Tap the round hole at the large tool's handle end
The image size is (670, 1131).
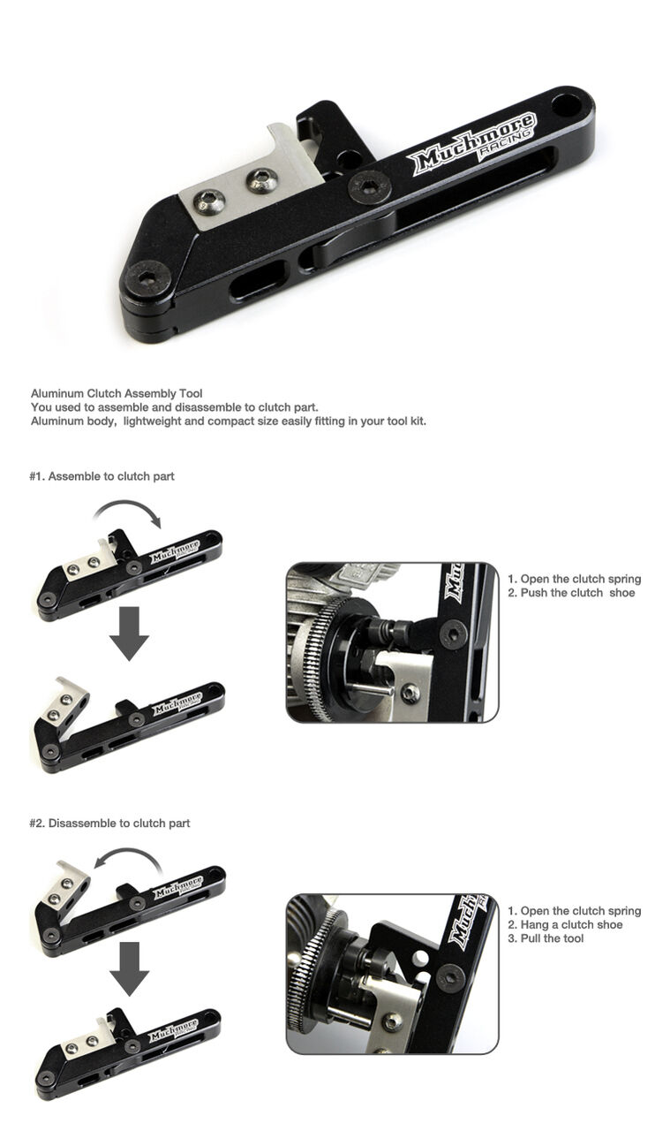[567, 104]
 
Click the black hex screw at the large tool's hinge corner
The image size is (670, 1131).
[147, 277]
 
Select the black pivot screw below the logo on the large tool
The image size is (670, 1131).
[370, 186]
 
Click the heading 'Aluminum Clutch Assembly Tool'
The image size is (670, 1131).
[117, 393]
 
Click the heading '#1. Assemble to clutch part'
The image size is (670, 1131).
[102, 476]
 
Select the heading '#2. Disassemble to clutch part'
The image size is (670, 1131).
[110, 823]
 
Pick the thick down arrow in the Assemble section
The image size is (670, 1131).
[129, 634]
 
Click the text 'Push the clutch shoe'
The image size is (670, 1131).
[577, 593]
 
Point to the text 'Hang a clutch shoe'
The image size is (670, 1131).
[572, 924]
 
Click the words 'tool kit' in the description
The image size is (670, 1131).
[407, 421]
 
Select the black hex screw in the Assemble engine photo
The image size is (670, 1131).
[453, 634]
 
